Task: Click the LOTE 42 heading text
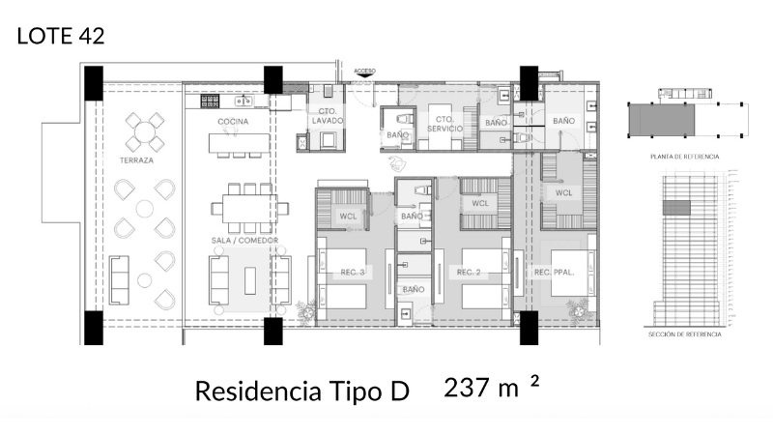coord(61,37)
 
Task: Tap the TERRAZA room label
coord(136,160)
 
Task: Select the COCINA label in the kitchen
coord(233,122)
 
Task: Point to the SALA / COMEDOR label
coord(232,238)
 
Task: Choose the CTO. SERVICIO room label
coord(444,123)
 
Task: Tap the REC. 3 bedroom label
coord(353,273)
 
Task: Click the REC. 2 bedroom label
coord(469,273)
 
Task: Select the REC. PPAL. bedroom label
coord(555,273)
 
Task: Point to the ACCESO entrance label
coord(365,72)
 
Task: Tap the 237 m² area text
coord(490,389)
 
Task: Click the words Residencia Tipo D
coord(302,391)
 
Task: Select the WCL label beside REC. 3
coord(347,217)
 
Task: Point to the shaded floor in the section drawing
coord(675,206)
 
